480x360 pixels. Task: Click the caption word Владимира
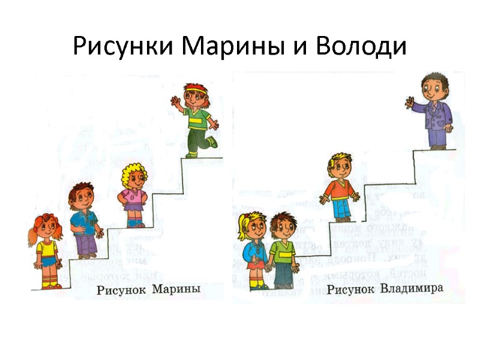(x=412, y=289)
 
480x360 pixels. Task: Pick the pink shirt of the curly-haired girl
(x=132, y=196)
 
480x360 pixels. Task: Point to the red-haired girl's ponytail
(x=31, y=238)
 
